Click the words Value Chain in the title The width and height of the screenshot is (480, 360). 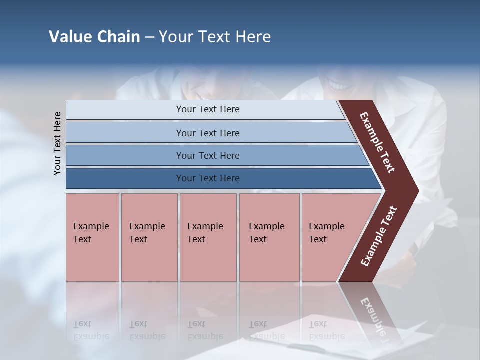point(94,37)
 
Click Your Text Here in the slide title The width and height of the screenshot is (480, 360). point(215,37)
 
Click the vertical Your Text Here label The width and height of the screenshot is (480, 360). point(57,144)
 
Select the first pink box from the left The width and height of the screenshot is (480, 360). point(92,237)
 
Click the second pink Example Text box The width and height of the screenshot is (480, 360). point(149,237)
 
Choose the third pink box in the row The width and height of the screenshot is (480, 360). point(208,237)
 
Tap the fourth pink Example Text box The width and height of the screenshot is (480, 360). point(269,237)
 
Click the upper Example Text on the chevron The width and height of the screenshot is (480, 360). point(377,142)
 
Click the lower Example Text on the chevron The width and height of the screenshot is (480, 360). point(378,236)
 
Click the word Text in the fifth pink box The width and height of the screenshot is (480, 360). point(318,239)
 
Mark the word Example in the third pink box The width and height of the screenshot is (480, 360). point(205,226)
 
